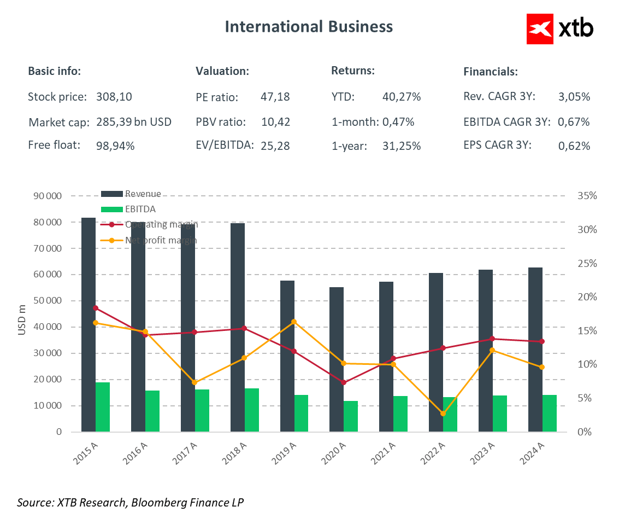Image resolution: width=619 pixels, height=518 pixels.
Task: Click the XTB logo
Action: [x=560, y=28]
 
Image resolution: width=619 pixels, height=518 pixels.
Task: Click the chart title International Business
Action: [x=309, y=26]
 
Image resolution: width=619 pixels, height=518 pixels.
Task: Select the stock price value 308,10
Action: [x=114, y=97]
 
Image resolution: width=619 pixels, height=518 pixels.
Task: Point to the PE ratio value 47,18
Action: [x=275, y=97]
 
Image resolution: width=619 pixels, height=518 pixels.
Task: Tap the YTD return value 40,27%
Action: [x=402, y=97]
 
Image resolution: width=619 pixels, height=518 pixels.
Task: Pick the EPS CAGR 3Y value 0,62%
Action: [x=574, y=146]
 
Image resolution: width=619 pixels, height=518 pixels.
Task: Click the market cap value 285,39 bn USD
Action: [x=134, y=122]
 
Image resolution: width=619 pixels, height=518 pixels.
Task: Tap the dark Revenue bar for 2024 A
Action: [x=535, y=350]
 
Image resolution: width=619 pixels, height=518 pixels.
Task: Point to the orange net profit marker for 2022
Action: [x=443, y=414]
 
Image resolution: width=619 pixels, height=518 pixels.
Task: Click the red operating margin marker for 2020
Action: [x=344, y=382]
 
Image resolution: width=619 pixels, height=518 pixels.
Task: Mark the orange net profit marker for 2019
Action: [x=294, y=322]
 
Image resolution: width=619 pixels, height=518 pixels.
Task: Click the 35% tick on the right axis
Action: [x=588, y=196]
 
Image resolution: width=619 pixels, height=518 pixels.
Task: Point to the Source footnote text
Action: [x=131, y=502]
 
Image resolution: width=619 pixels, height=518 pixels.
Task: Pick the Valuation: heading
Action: [x=222, y=71]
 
